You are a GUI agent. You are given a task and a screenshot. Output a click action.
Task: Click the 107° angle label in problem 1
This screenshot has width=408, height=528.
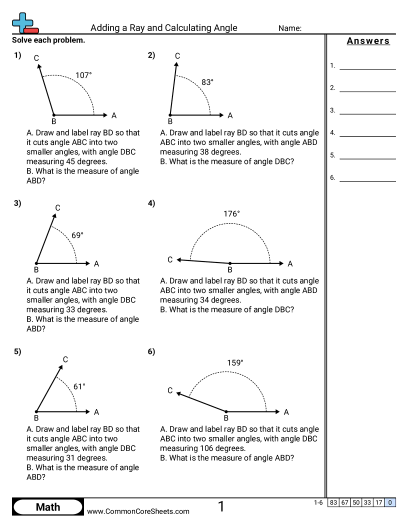coord(83,75)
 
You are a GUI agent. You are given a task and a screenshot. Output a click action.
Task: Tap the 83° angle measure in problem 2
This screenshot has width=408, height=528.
coord(207,82)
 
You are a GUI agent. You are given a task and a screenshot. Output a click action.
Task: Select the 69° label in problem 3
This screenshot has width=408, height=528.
coord(77,235)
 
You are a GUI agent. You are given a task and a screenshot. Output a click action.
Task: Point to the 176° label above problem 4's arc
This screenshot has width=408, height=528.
coord(231,214)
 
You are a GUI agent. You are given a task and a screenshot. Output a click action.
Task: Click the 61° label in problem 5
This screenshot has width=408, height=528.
coord(79,386)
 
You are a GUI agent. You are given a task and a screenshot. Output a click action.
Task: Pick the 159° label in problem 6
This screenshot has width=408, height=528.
coord(234,363)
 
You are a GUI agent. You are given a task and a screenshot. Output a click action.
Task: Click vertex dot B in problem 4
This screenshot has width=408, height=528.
coord(230,263)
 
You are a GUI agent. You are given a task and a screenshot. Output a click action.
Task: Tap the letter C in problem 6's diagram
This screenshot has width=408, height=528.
coord(170,390)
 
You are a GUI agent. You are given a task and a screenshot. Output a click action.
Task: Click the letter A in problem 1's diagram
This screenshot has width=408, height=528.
coord(114,115)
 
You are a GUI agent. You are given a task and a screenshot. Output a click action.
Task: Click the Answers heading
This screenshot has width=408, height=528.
coord(368,41)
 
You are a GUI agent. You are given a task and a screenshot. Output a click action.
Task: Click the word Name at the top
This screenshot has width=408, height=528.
coord(289,28)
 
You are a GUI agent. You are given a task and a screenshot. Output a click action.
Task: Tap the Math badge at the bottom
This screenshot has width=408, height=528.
coord(48,507)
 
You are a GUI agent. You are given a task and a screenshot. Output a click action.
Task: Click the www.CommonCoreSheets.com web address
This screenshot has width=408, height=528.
coord(138,511)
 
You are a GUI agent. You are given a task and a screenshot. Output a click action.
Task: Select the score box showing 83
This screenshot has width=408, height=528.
coord(333,502)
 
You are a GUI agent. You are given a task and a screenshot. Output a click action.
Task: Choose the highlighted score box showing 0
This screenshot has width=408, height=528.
coord(390,502)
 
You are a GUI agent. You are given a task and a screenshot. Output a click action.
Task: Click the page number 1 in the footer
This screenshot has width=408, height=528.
coord(221,507)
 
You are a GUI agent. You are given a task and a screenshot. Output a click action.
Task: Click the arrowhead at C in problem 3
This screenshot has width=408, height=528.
coord(53,216)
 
